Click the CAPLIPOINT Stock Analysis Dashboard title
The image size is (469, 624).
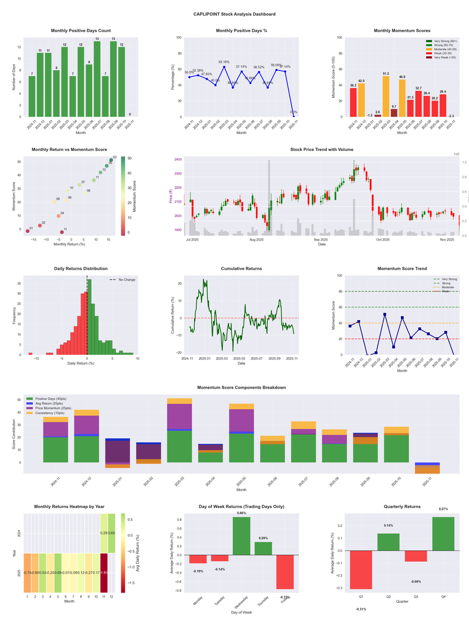click(x=235, y=13)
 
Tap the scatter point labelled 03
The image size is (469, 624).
click(x=111, y=160)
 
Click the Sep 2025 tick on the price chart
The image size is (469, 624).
click(x=321, y=239)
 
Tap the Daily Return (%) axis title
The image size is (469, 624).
click(x=86, y=364)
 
